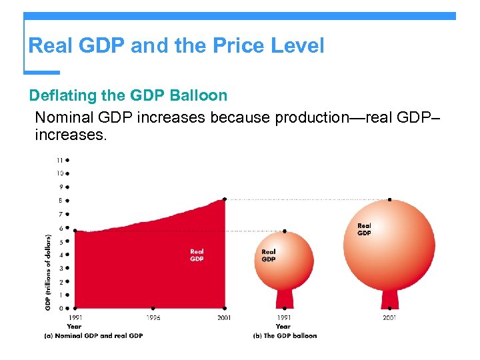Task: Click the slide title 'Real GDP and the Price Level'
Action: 176,46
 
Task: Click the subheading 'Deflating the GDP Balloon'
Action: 128,95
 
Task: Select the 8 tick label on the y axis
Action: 61,201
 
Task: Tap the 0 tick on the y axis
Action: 61,309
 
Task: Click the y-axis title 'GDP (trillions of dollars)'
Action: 48,271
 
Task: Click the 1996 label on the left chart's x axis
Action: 153,318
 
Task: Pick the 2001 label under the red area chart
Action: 225,318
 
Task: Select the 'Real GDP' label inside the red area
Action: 197,255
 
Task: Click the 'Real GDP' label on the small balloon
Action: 269,255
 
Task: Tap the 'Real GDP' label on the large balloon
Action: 364,229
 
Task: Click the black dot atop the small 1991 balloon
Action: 285,231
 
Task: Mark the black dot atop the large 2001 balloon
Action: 389,199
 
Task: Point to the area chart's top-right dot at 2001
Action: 225,199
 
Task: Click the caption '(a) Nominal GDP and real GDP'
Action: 93,335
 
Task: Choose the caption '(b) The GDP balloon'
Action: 285,335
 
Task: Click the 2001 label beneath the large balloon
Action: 389,318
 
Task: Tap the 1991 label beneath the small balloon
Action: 285,318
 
